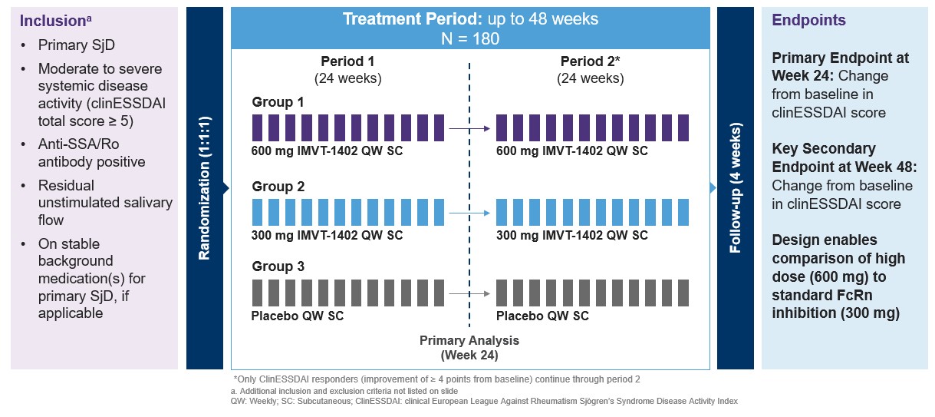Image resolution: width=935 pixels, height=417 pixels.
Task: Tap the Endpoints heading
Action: (x=808, y=21)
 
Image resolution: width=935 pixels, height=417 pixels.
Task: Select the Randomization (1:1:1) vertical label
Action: (x=205, y=188)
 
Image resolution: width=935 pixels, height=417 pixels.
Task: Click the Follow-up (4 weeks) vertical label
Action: (x=735, y=188)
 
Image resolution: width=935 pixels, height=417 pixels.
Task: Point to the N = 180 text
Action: (x=469, y=38)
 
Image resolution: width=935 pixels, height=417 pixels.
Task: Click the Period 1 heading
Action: (x=347, y=61)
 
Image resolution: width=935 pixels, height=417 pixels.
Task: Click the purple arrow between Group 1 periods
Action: (x=469, y=129)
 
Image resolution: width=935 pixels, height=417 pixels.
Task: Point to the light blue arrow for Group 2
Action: (x=469, y=213)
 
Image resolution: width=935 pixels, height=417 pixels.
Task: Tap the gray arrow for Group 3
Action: (x=469, y=293)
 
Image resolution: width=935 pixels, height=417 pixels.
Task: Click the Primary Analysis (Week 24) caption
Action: (x=469, y=347)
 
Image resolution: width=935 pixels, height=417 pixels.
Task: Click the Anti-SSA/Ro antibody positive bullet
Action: (x=92, y=154)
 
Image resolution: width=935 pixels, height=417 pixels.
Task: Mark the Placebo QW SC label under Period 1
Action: (x=298, y=316)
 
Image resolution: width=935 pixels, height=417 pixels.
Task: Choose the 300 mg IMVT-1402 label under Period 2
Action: (x=571, y=235)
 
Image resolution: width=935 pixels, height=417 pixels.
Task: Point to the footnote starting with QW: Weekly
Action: (x=483, y=401)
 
